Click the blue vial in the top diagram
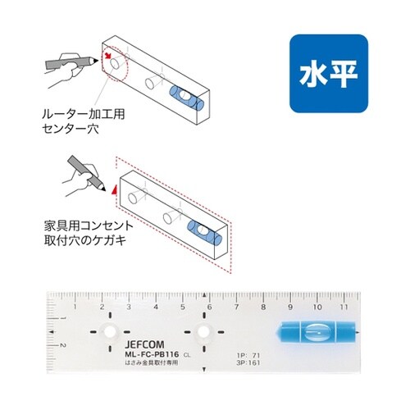[189, 100]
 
